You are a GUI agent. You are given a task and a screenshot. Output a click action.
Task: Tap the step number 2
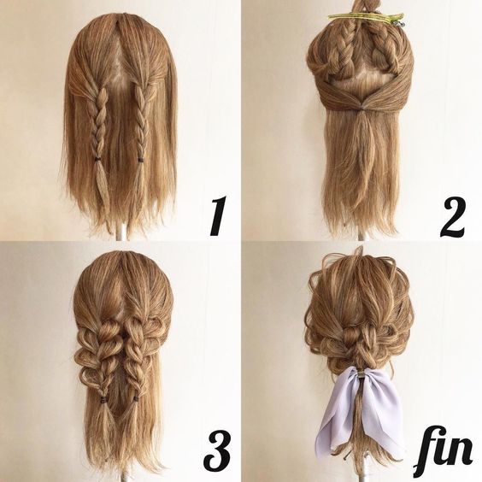tap(452, 217)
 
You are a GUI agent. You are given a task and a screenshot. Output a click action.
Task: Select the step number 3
tap(219, 450)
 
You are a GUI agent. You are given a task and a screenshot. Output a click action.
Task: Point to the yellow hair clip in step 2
tap(367, 17)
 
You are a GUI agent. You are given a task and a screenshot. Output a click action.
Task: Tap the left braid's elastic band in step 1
tap(97, 159)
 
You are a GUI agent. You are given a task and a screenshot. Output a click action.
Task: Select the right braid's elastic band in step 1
tap(141, 160)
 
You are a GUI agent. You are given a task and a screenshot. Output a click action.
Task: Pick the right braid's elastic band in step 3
tap(136, 399)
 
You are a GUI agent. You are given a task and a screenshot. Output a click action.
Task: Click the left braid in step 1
tap(97, 123)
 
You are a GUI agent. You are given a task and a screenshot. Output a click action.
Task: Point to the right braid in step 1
tap(140, 121)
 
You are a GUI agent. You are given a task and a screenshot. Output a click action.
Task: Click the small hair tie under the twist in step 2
tap(362, 110)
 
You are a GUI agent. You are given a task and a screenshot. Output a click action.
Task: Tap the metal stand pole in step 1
tap(121, 232)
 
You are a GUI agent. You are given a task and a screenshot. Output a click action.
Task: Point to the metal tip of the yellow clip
tap(400, 23)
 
